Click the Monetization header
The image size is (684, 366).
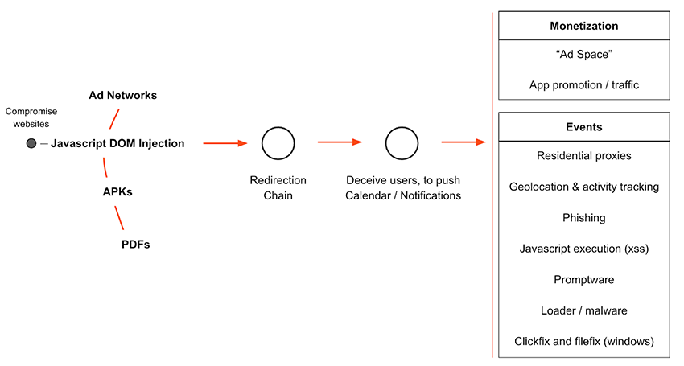(x=583, y=26)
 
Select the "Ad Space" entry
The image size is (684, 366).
(x=583, y=55)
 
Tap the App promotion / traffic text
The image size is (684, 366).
(x=583, y=84)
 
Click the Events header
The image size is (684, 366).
(x=583, y=127)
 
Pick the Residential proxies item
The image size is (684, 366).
(x=583, y=155)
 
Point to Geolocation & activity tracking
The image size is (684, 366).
(x=583, y=187)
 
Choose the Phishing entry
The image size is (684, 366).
(x=583, y=217)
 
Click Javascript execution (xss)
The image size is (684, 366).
(x=583, y=249)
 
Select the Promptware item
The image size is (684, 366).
(x=583, y=279)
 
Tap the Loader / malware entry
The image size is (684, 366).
(x=583, y=310)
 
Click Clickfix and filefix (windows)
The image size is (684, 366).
(x=583, y=341)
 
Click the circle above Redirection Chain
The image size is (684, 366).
(x=278, y=143)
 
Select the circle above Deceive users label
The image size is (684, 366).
(x=402, y=143)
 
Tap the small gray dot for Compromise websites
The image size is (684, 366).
(x=31, y=143)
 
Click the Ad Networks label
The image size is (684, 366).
(x=122, y=95)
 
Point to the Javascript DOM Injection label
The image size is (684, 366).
(x=117, y=143)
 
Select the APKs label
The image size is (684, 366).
(x=117, y=192)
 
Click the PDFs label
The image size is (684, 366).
(x=135, y=244)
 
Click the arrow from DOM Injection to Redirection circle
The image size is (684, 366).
(x=225, y=143)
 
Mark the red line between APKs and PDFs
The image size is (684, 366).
(x=118, y=217)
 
